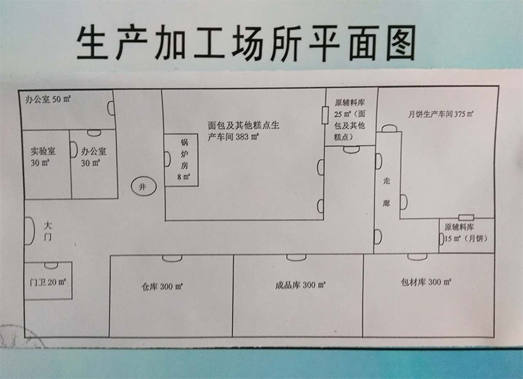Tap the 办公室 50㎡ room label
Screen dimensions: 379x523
click(48, 100)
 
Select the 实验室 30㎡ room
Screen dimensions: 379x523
click(45, 157)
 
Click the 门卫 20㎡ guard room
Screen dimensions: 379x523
click(48, 282)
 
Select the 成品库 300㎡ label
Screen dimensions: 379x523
click(300, 285)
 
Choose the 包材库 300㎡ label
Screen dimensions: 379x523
click(427, 283)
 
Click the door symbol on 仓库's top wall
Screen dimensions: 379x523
click(172, 258)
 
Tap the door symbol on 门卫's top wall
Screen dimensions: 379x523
click(50, 265)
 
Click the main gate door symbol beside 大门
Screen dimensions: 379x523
click(29, 229)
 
